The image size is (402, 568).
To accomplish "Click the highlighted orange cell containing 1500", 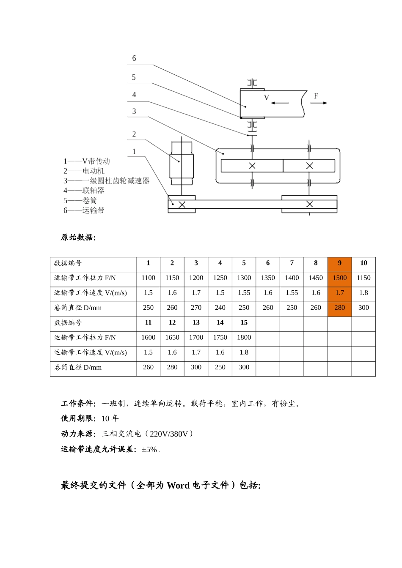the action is pyautogui.click(x=339, y=278).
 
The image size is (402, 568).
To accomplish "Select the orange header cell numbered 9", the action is pyautogui.click(x=339, y=263).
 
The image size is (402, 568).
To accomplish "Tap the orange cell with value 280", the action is pyautogui.click(x=339, y=308).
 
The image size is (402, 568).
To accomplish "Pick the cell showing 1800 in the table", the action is pyautogui.click(x=244, y=337).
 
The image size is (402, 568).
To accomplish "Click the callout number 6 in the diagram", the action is pyautogui.click(x=134, y=58).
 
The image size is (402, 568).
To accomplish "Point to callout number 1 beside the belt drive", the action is pyautogui.click(x=134, y=151).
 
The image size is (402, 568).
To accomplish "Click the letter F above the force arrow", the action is pyautogui.click(x=316, y=96).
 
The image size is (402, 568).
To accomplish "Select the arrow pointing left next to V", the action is pyautogui.click(x=280, y=103).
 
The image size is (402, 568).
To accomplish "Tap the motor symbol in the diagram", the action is pyautogui.click(x=182, y=163).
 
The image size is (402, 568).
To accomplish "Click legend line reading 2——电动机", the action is pyautogui.click(x=84, y=171).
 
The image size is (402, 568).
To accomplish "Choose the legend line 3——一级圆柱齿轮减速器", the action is pyautogui.click(x=106, y=180).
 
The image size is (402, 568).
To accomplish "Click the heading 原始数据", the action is pyautogui.click(x=78, y=237).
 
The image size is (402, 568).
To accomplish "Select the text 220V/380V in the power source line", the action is pyautogui.click(x=169, y=434).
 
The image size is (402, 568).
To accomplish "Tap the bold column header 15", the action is pyautogui.click(x=244, y=322).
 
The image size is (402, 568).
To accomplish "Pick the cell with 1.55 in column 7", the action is pyautogui.click(x=292, y=292).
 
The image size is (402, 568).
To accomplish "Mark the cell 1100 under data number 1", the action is pyautogui.click(x=148, y=278).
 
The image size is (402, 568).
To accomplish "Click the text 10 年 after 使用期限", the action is pyautogui.click(x=110, y=418).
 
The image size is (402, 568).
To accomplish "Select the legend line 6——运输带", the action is pyautogui.click(x=84, y=210).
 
